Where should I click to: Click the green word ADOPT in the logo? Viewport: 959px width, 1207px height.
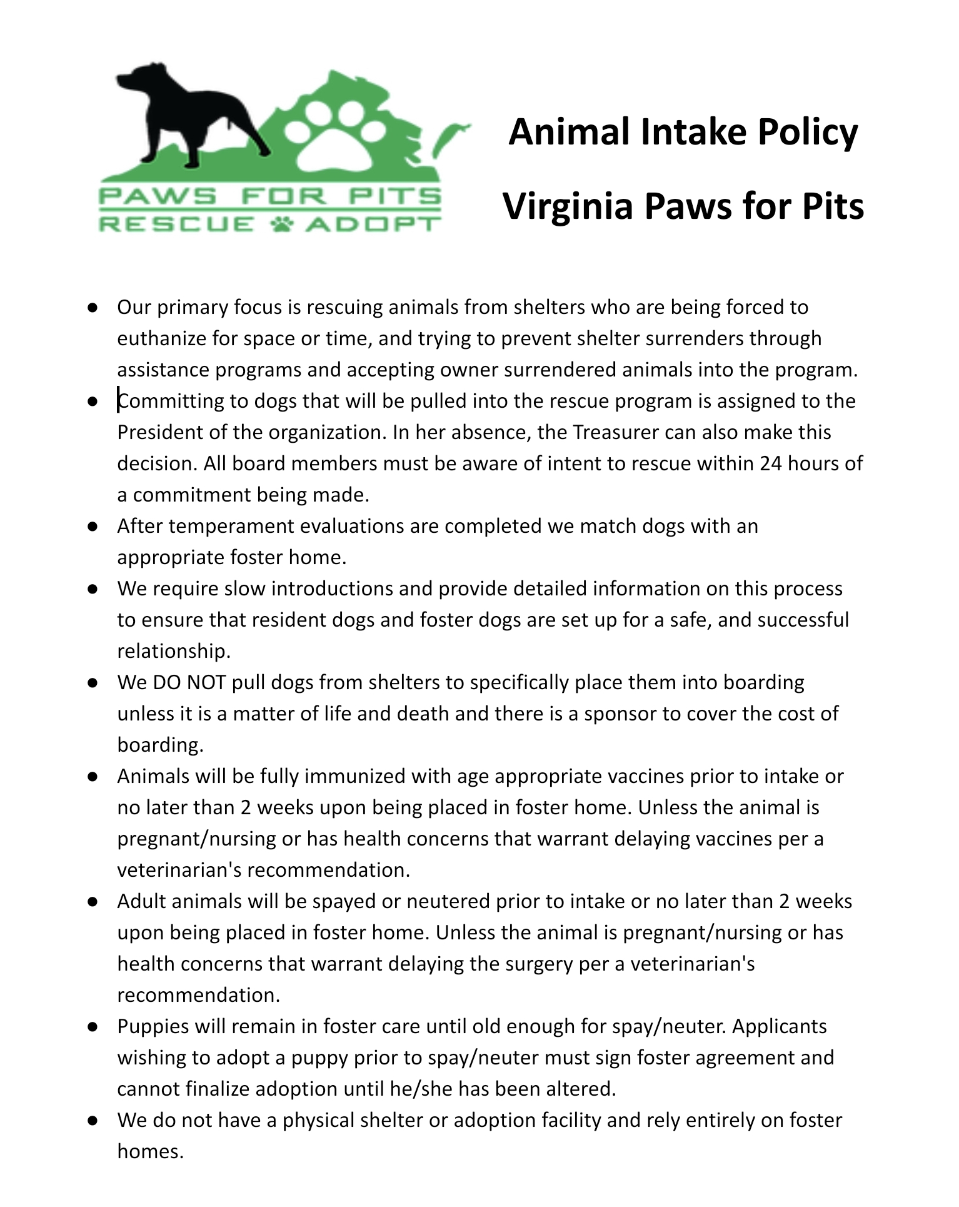[373, 224]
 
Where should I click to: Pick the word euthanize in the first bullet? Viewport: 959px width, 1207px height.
[160, 338]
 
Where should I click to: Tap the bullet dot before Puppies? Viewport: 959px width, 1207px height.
[93, 1026]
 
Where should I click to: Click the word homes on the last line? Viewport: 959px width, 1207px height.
[150, 1151]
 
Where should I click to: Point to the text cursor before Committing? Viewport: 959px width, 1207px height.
[118, 400]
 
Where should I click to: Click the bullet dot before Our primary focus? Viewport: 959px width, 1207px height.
[93, 307]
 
